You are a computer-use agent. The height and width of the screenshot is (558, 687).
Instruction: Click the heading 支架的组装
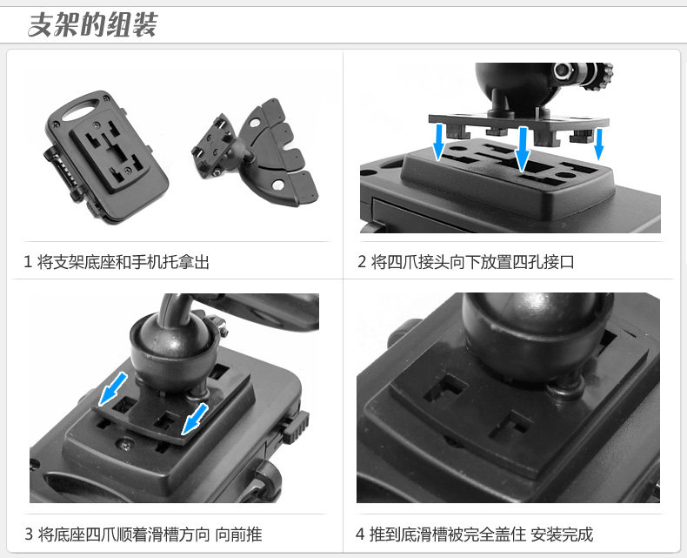92,24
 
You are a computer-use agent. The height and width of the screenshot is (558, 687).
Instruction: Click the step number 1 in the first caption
28,262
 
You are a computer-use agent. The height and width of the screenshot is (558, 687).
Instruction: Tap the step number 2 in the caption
362,262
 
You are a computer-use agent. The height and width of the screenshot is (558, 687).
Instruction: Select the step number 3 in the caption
29,534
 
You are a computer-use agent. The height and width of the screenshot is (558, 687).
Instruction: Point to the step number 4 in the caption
360,534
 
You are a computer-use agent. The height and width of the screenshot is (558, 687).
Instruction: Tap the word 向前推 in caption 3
238,534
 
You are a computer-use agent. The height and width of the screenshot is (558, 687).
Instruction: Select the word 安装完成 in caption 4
562,534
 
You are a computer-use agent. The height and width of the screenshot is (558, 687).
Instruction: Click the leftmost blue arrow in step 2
438,142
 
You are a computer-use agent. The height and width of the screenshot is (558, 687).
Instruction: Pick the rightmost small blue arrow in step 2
598,145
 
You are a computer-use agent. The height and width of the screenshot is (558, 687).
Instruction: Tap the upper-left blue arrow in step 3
112,389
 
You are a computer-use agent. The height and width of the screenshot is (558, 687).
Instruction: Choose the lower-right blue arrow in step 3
195,420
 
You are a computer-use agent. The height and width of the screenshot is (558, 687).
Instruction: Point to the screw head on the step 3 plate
124,445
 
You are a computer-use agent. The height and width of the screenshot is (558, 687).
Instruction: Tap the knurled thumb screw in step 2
602,77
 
